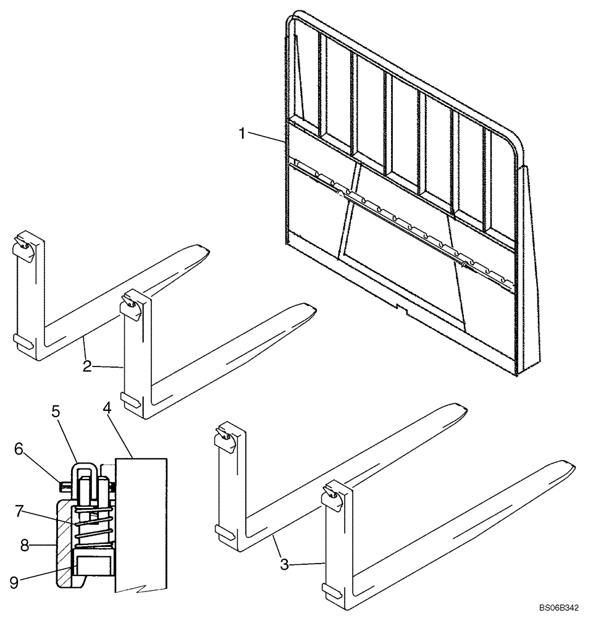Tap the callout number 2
click(x=88, y=366)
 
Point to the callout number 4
click(x=107, y=408)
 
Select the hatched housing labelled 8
click(x=63, y=544)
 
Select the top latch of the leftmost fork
click(x=23, y=246)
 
